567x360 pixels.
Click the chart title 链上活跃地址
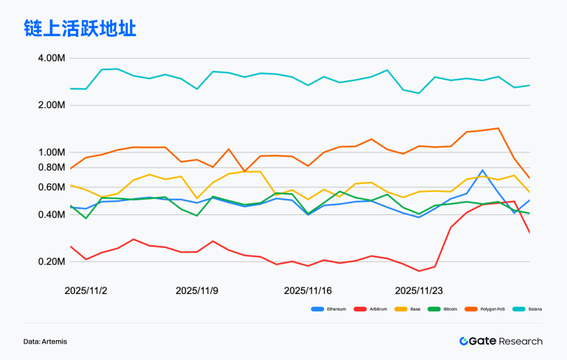tap(80, 28)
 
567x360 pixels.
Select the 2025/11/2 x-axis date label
tap(86, 290)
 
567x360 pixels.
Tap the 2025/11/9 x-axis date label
tap(196, 290)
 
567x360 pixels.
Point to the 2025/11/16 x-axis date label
tap(308, 290)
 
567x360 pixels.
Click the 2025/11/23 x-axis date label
tap(419, 290)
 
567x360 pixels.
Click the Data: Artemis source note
tap(45, 342)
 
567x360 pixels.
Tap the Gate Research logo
tap(501, 341)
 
